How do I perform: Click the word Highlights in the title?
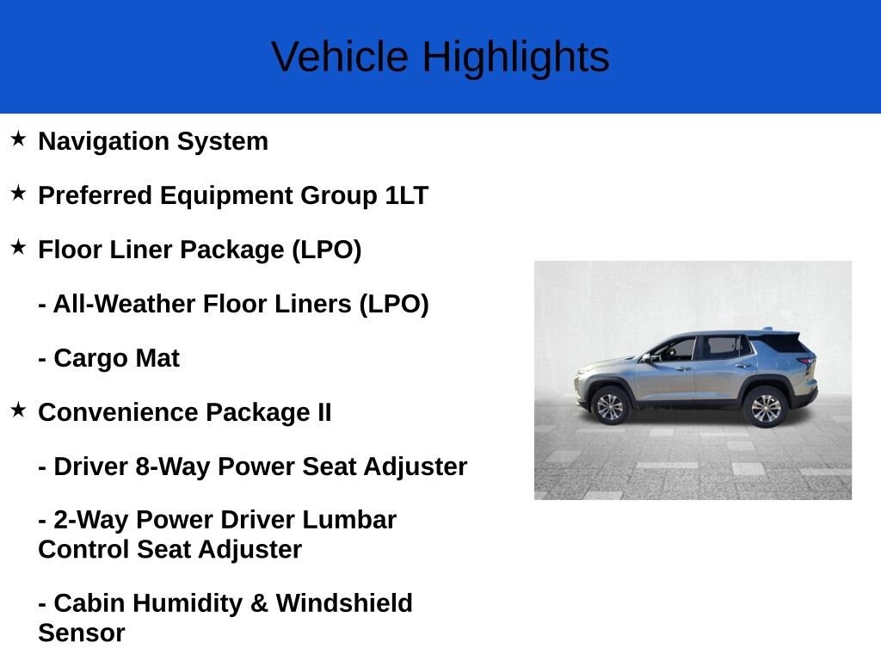[x=515, y=58]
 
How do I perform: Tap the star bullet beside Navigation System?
[x=19, y=139]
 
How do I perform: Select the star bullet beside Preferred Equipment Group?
[x=19, y=193]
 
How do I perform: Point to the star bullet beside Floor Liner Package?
[x=19, y=247]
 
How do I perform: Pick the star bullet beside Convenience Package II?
[x=19, y=410]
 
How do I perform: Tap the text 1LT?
[x=406, y=195]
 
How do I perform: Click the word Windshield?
[x=344, y=603]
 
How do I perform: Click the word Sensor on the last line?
[x=82, y=633]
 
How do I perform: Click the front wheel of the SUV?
[x=610, y=406]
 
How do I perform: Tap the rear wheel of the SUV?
[x=765, y=407]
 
